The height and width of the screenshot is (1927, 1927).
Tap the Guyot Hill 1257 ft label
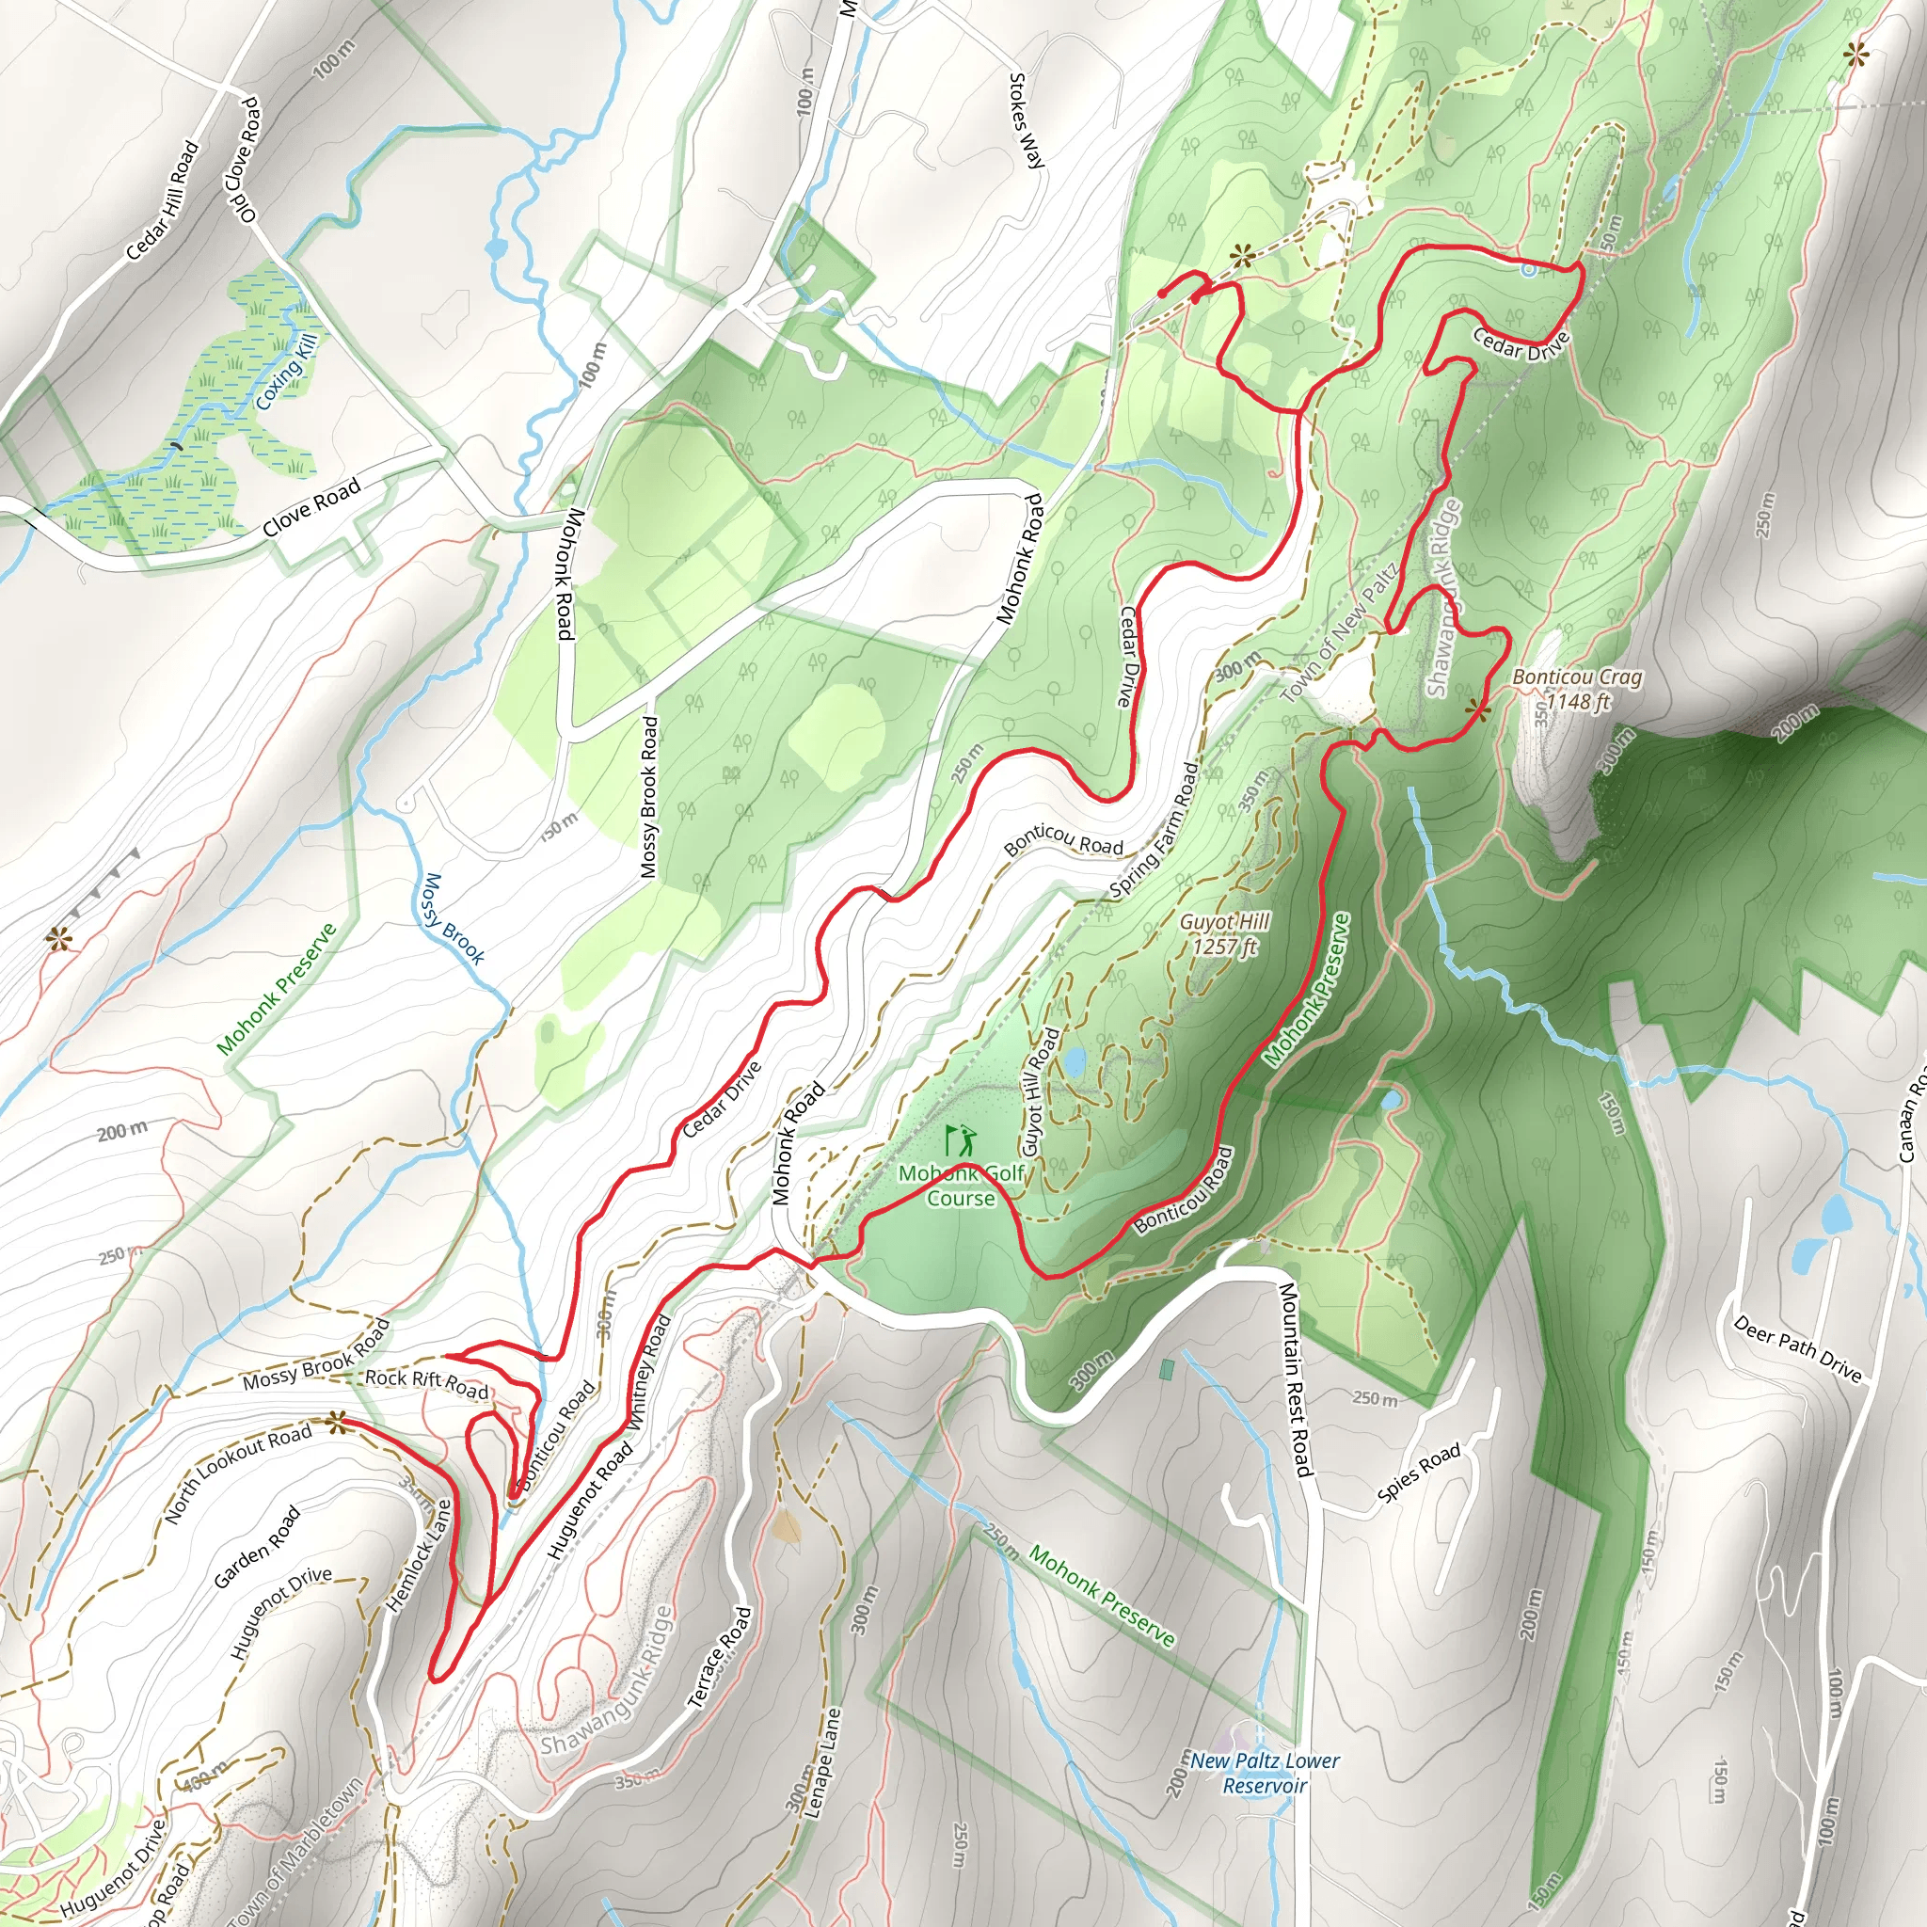(1224, 933)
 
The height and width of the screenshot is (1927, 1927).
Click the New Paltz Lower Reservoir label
(1265, 1773)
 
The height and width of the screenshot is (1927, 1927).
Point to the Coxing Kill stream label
(285, 372)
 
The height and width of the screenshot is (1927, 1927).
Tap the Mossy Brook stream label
(452, 918)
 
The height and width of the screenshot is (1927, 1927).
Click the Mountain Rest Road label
(1295, 1378)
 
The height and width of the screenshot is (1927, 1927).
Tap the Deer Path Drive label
(1797, 1349)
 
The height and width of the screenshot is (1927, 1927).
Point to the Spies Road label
(1418, 1473)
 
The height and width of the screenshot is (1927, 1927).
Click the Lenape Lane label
(823, 1762)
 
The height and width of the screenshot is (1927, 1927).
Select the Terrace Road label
(720, 1658)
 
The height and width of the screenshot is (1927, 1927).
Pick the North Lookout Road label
(237, 1473)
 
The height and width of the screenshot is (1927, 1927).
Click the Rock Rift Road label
(426, 1383)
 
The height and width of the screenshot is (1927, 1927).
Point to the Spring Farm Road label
(1154, 830)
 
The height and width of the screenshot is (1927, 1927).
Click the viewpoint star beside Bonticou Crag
(1478, 710)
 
